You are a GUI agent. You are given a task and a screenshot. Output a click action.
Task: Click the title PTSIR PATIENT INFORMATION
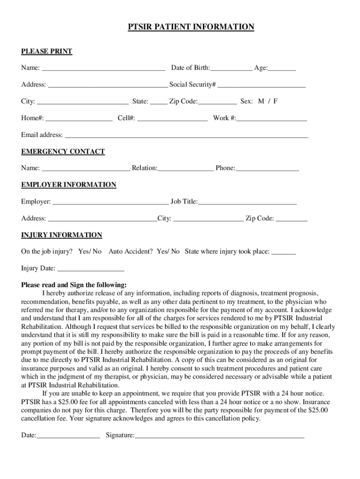(191, 27)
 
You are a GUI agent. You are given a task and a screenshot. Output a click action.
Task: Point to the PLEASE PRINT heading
(47, 51)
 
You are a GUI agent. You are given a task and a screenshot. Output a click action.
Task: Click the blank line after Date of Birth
(231, 68)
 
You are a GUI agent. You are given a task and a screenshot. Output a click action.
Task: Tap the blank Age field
(282, 68)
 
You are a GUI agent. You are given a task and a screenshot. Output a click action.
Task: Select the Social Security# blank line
(261, 85)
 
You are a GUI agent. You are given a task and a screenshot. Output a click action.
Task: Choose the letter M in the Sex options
(261, 101)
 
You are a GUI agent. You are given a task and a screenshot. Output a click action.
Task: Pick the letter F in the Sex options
(275, 101)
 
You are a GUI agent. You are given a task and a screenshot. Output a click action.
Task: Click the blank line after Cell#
(172, 118)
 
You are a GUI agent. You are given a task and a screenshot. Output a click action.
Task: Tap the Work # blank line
(272, 118)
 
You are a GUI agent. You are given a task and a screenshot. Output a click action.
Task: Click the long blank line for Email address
(186, 135)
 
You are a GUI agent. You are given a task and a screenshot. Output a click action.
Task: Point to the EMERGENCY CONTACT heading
(63, 152)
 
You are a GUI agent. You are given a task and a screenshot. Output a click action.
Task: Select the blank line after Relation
(186, 168)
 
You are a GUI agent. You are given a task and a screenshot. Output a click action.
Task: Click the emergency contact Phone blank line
(267, 168)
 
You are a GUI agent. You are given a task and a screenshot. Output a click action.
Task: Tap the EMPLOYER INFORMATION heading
(69, 185)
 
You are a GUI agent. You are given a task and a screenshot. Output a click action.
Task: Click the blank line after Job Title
(247, 202)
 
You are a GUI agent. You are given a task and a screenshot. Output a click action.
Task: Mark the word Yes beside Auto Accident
(162, 252)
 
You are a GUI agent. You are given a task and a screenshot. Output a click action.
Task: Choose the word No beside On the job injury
(97, 252)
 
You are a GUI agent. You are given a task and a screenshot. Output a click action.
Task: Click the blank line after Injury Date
(90, 269)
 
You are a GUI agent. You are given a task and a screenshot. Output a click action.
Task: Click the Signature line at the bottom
(219, 436)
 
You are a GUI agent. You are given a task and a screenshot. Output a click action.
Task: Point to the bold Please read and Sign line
(74, 285)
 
